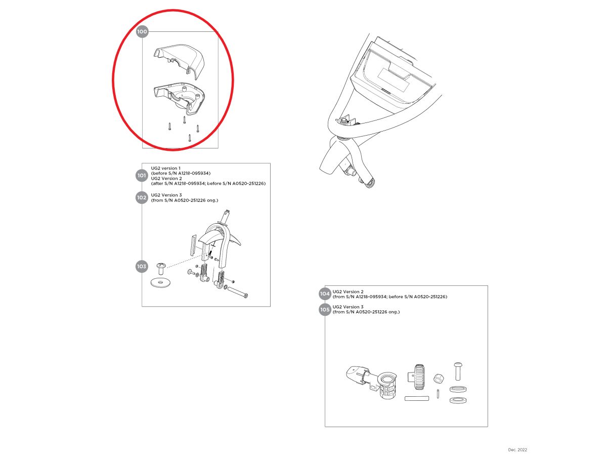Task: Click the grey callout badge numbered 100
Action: tap(142, 31)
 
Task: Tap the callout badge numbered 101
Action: tap(142, 175)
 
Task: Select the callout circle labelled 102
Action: tap(142, 197)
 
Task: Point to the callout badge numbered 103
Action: tap(142, 266)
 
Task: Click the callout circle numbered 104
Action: tap(325, 294)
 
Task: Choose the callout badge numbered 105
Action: tap(325, 310)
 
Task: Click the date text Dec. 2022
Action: tap(517, 450)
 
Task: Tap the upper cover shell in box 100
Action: tap(179, 61)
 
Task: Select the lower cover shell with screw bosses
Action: tap(179, 97)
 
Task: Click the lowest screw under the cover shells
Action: tap(190, 138)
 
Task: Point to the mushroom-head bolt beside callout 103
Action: tap(161, 268)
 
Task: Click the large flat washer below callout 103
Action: tap(160, 283)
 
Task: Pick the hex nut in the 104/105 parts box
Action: tap(439, 378)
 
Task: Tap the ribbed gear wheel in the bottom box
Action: tap(419, 377)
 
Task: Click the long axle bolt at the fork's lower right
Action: tap(238, 293)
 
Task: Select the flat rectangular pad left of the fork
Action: tap(193, 244)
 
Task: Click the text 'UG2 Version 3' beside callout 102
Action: tap(166, 195)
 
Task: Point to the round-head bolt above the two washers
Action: tap(457, 371)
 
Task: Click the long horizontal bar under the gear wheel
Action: tap(417, 399)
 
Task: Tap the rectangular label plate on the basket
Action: tap(394, 80)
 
